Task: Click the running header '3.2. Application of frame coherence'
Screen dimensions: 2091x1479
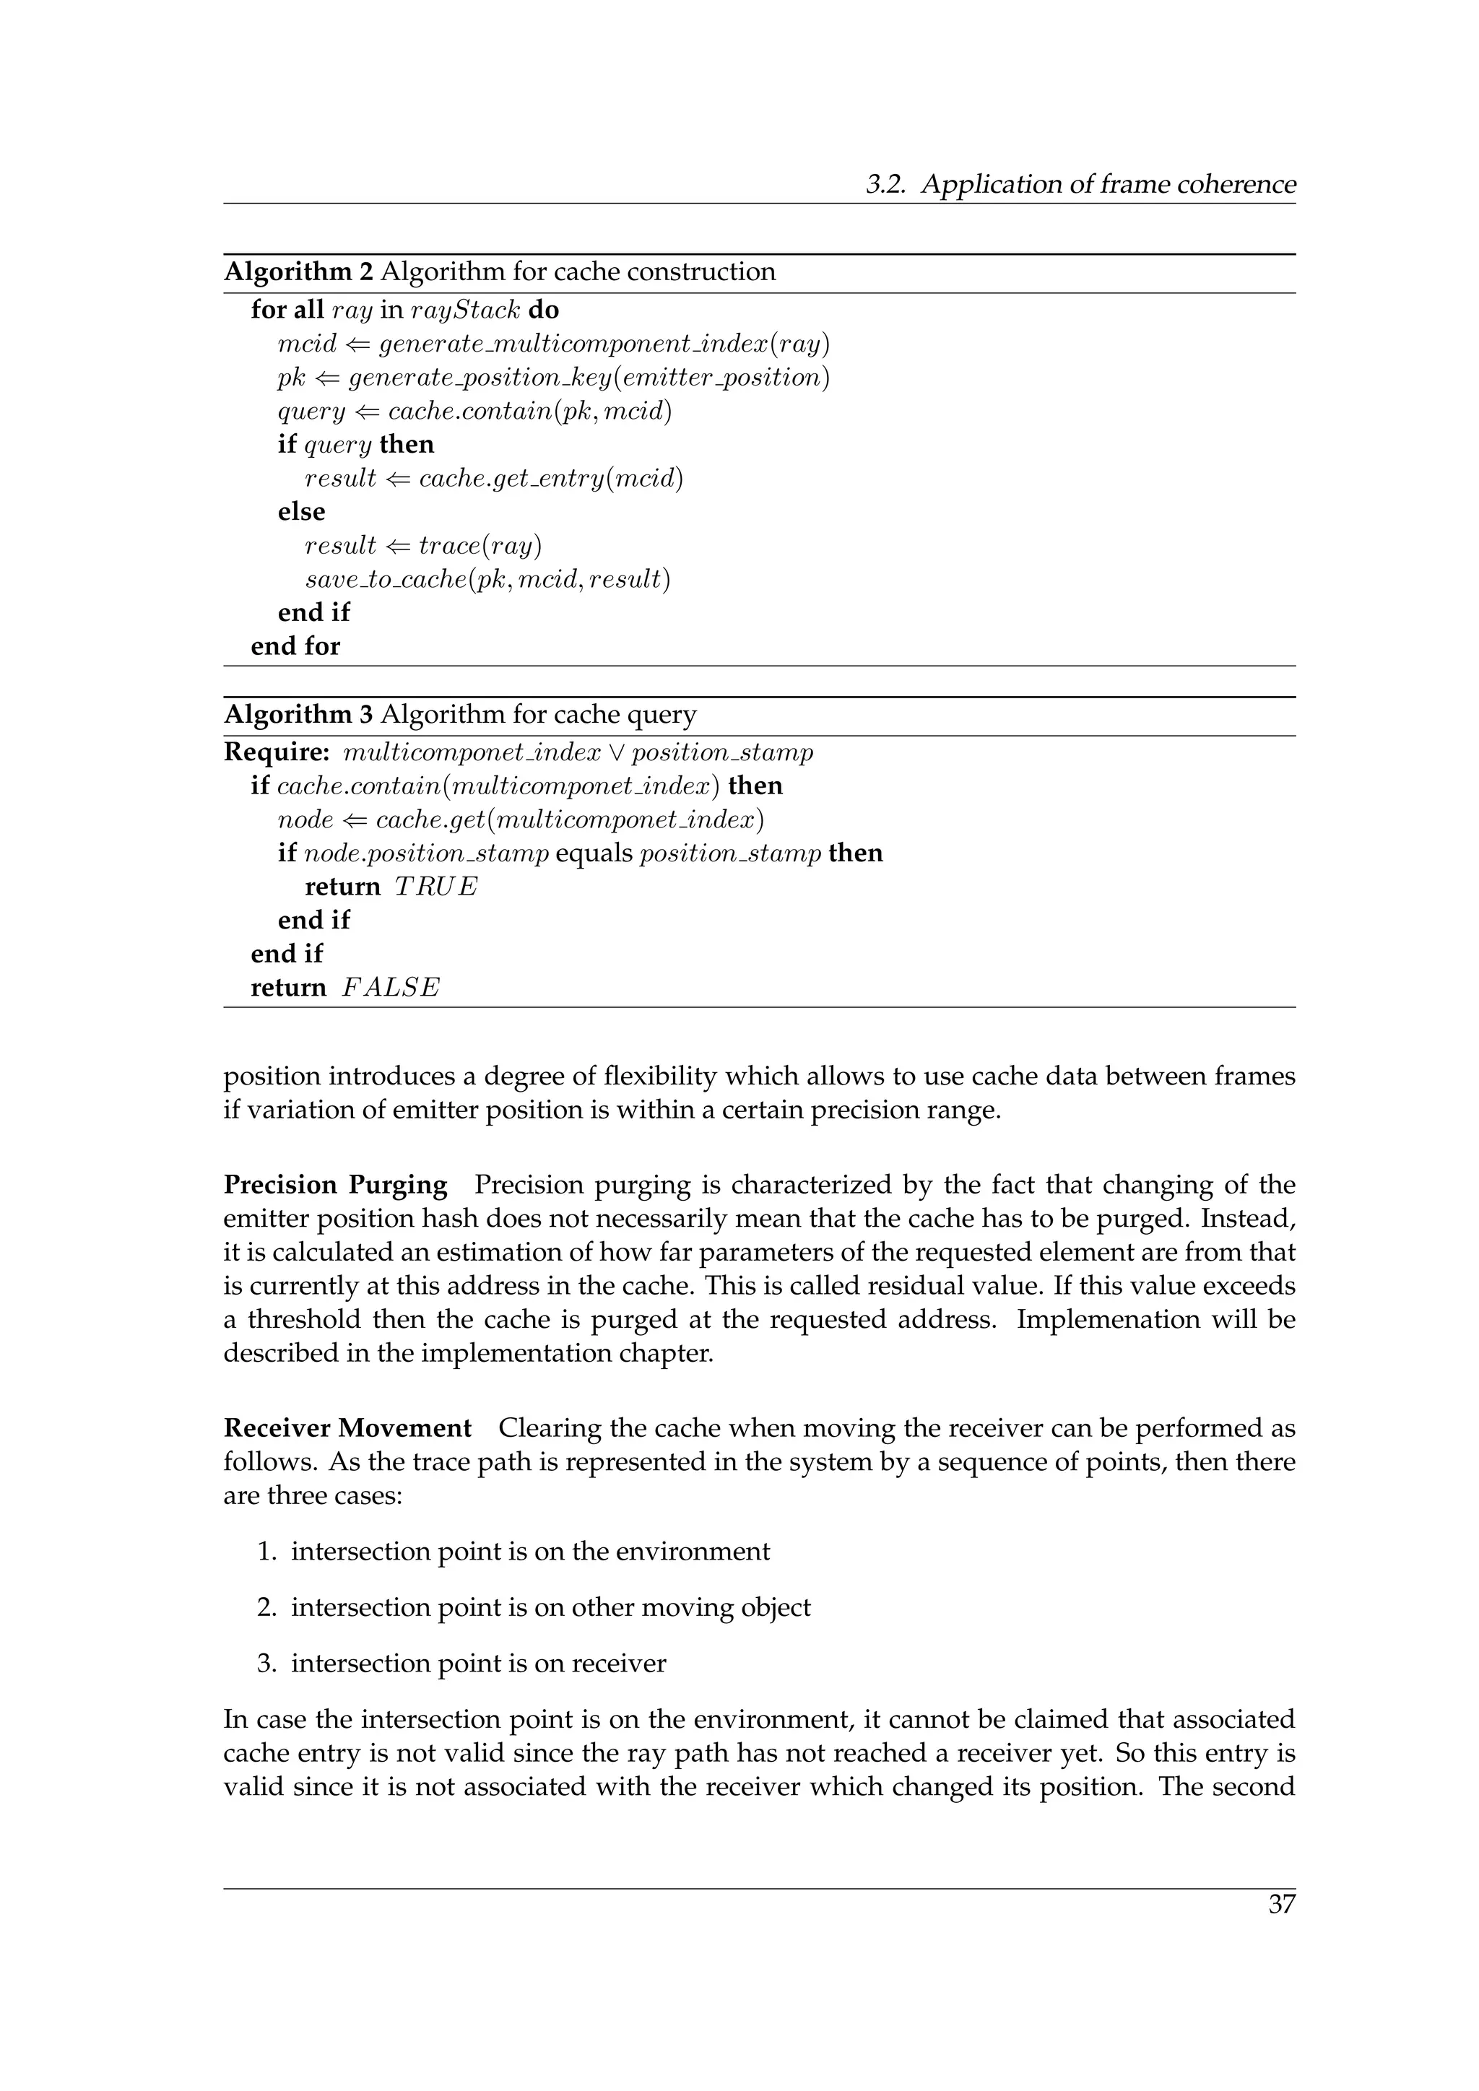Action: pyautogui.click(x=1080, y=185)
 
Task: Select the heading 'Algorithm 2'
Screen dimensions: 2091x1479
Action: pyautogui.click(x=299, y=272)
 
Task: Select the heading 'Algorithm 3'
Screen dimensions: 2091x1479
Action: pyautogui.click(x=299, y=715)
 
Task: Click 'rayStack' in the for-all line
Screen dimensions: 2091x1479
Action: pyautogui.click(x=465, y=310)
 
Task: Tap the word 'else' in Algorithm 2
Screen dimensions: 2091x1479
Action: pyautogui.click(x=301, y=512)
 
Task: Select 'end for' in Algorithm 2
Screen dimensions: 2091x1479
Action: pyautogui.click(x=295, y=647)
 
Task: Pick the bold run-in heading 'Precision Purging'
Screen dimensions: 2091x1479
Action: pyautogui.click(x=335, y=1186)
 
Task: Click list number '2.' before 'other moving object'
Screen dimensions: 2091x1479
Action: pyautogui.click(x=266, y=1607)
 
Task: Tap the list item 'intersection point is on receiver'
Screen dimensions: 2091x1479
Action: pyautogui.click(x=478, y=1664)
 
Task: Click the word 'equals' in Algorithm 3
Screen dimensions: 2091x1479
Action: pyautogui.click(x=594, y=853)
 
